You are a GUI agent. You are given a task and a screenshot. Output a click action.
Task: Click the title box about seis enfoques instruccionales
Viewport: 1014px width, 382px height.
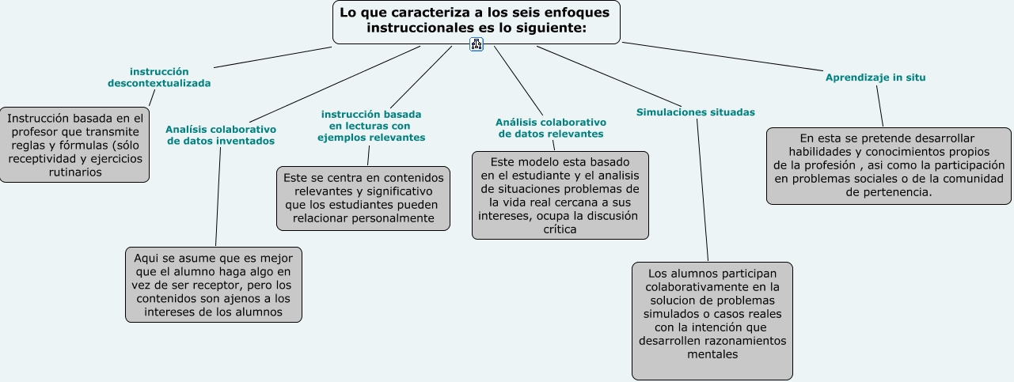(476, 21)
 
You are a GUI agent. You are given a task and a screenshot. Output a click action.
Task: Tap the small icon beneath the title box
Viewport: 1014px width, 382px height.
(476, 44)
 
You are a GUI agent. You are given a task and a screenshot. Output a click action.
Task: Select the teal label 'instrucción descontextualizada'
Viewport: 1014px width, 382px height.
(159, 77)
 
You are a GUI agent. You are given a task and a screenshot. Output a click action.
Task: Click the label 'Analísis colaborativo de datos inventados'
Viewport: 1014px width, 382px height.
(220, 134)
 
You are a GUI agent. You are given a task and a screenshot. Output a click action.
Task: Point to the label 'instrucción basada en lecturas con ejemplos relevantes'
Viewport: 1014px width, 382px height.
(371, 126)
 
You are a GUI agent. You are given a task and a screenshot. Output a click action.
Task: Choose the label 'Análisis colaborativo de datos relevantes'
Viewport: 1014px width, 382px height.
(550, 128)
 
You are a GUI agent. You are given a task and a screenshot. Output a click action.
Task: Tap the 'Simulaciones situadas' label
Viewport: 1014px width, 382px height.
(695, 112)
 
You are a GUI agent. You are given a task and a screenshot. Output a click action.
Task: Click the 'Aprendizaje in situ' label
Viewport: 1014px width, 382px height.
(875, 78)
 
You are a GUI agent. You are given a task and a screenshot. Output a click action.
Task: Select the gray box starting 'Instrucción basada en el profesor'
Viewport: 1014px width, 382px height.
(75, 145)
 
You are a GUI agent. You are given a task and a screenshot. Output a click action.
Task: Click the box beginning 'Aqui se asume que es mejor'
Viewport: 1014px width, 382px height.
(214, 285)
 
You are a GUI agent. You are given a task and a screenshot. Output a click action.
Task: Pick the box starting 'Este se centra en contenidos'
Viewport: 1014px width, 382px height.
(363, 198)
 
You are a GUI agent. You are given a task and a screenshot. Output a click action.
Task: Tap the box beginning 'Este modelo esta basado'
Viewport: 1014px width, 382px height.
(560, 195)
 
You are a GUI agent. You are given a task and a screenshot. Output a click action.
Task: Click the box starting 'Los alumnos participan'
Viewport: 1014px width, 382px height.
(712, 320)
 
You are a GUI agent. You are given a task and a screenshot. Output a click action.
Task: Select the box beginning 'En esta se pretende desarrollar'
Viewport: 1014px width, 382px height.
(889, 165)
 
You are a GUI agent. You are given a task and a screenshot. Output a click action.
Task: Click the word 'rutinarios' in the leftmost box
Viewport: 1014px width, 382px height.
(75, 172)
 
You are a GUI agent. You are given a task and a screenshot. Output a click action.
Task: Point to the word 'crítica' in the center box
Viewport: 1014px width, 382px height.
(560, 229)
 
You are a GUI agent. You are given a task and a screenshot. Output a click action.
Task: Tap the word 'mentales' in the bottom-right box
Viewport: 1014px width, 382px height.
(712, 354)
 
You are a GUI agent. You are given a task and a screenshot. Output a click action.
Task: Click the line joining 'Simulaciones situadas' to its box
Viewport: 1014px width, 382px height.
(703, 190)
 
